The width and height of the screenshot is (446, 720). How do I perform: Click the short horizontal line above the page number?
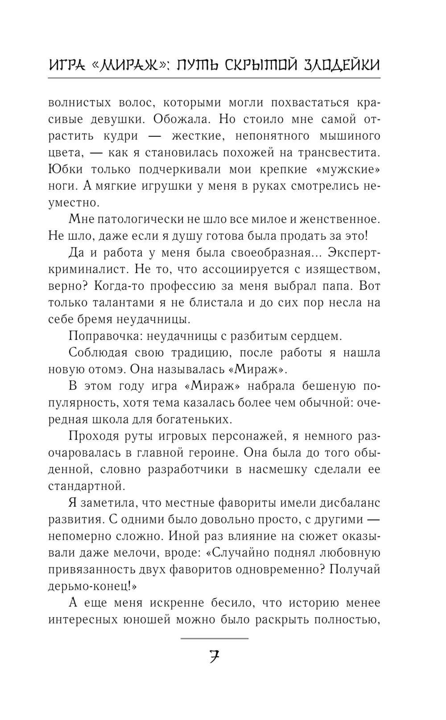click(214, 638)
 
